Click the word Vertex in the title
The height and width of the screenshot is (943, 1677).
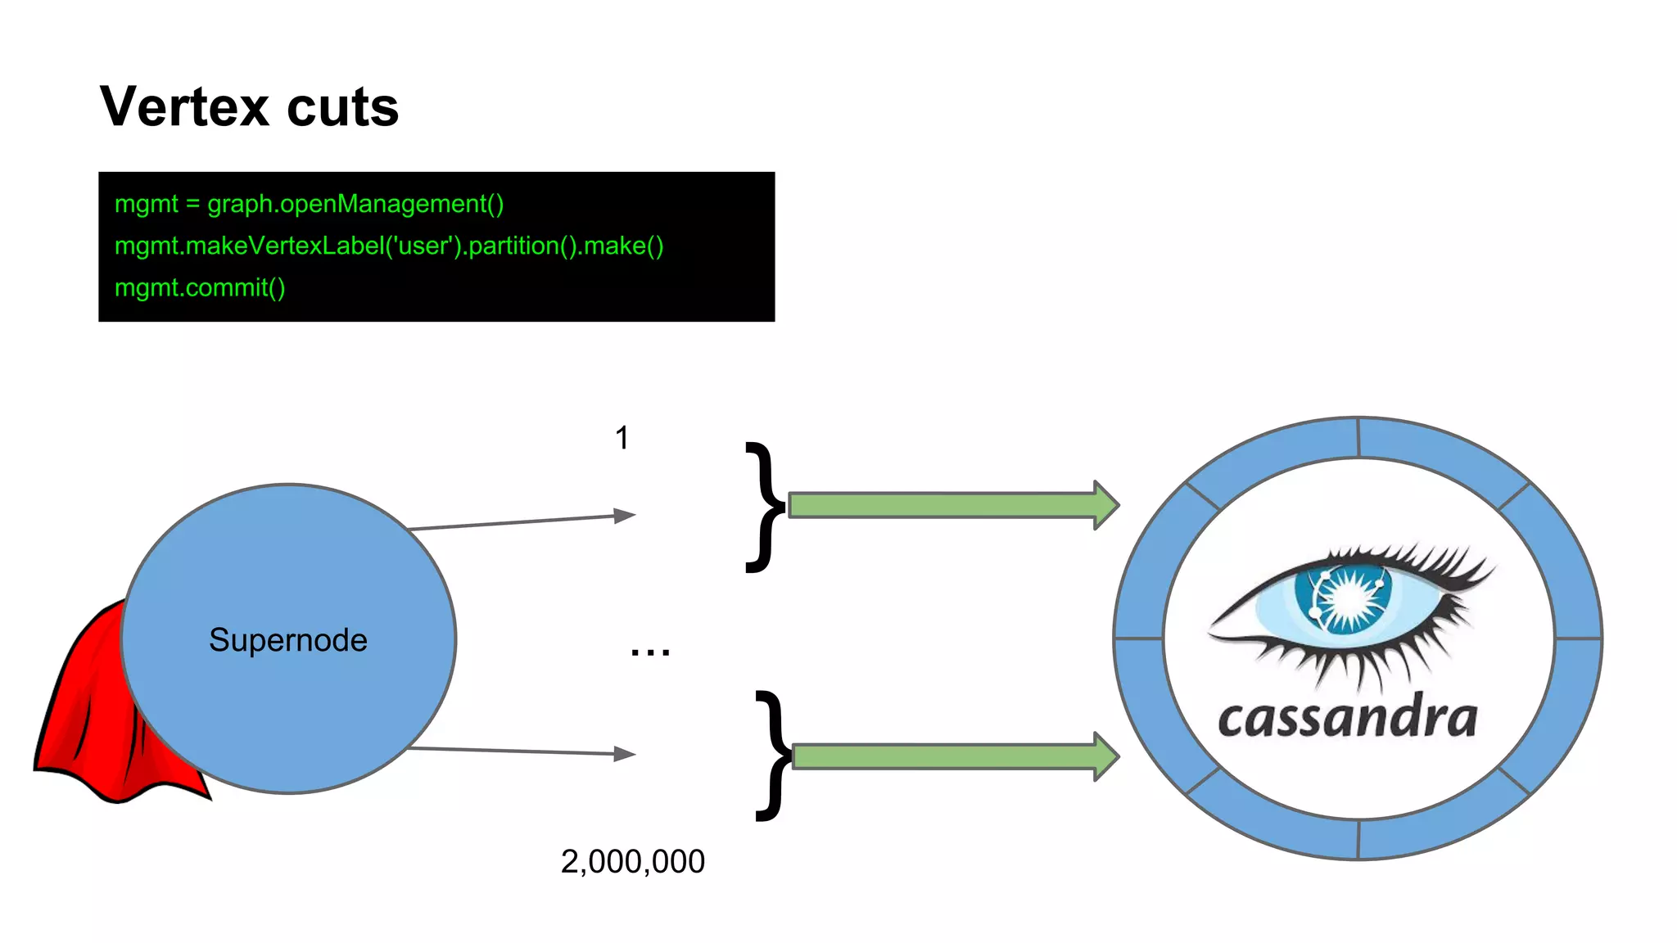coord(184,107)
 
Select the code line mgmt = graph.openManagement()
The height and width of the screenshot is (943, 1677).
coord(309,204)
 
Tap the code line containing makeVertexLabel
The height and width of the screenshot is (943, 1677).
coord(389,246)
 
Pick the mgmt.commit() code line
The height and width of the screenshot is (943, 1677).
coord(200,287)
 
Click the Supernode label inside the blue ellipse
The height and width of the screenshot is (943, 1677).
coord(287,640)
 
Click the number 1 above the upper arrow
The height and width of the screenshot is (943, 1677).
coord(622,438)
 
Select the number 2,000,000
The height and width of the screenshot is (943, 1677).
coord(632,861)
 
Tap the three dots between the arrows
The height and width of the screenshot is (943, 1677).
coord(650,652)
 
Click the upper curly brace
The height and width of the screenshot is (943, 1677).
coord(765,506)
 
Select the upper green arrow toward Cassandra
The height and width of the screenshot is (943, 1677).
coord(950,505)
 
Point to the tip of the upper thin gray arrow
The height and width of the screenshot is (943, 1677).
coord(632,514)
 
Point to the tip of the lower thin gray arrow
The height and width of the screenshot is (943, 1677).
coord(632,754)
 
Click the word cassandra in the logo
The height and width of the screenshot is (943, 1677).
coord(1348,719)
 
